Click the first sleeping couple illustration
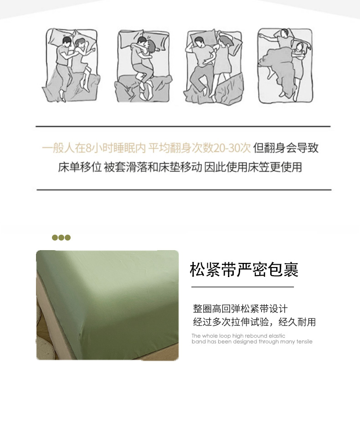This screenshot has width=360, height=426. pos(71,65)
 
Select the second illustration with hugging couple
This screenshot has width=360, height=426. pos(144,65)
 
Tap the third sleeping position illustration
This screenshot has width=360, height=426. pos(214,65)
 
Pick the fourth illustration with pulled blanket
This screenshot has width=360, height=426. pos(285,66)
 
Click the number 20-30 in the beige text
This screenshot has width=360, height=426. pos(232,148)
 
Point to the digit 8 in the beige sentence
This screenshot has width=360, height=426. pos(88,149)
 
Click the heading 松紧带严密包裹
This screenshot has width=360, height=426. pos(244,270)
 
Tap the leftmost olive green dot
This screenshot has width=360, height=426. pos(55,238)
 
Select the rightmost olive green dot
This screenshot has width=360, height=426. pos(67,238)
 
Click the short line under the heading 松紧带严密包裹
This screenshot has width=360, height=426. pos(242,287)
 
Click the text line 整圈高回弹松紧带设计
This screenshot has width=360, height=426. pos(240,309)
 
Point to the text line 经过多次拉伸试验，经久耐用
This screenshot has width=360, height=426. pos(254,322)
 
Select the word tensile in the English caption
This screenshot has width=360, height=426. pos(304,342)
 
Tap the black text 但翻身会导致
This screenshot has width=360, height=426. pos(286,148)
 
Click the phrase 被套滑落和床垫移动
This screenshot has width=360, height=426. pos(153,167)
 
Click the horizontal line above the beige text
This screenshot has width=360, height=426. pos(183,127)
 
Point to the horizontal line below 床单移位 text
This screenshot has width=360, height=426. pos(184,190)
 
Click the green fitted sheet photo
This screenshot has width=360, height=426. pos(108,305)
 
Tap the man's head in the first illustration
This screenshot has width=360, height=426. pos(67,41)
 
